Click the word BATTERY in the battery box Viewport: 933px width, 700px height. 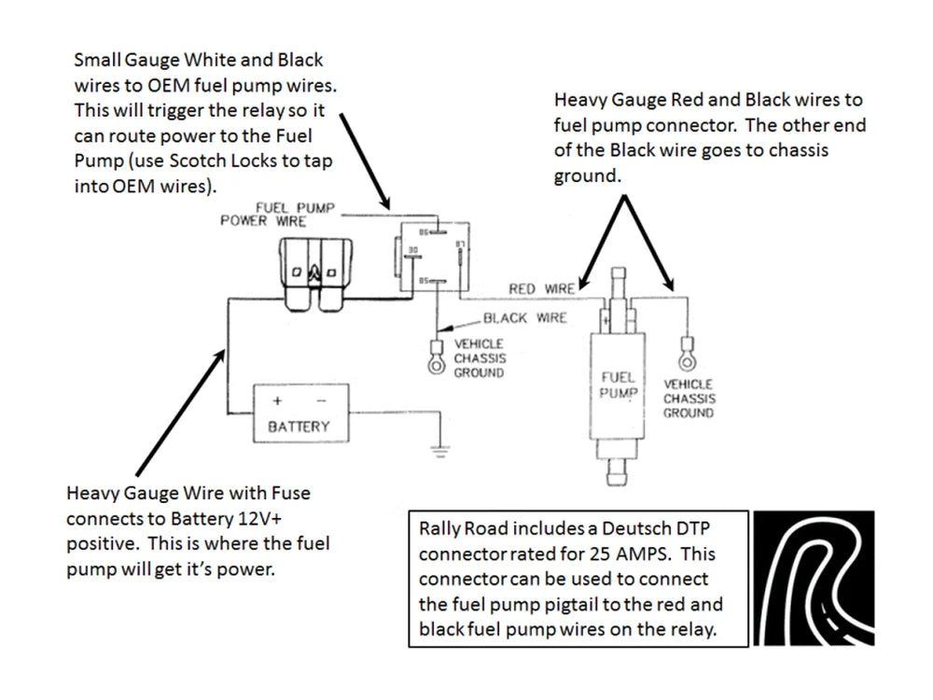(x=299, y=427)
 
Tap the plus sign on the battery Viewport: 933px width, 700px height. (x=277, y=400)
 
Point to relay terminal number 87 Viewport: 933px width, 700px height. (x=459, y=245)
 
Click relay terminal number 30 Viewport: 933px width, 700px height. (x=411, y=249)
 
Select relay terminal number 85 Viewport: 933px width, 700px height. (x=424, y=280)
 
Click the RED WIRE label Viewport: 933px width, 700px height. (x=541, y=288)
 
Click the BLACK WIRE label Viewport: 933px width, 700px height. (x=524, y=318)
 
